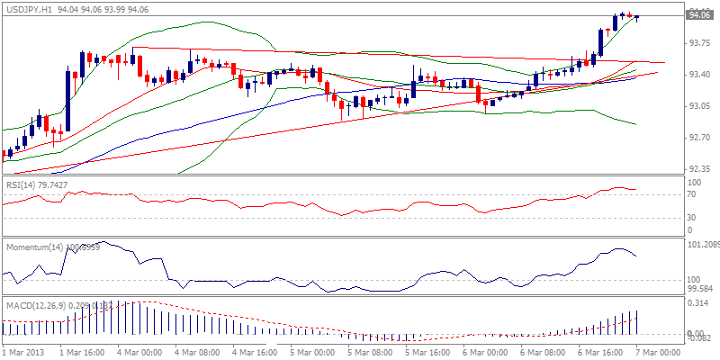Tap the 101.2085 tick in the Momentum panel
click(702, 244)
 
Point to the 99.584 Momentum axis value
click(699, 290)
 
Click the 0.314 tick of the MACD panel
click(697, 304)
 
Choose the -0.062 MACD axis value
click(697, 337)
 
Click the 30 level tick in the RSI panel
click(691, 217)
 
